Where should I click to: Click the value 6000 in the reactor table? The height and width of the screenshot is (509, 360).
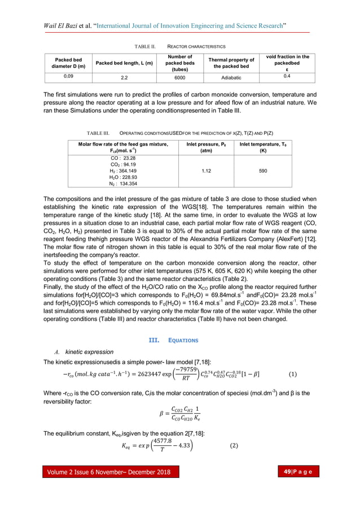[179, 78]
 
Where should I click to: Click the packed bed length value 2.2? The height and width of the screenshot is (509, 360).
[124, 78]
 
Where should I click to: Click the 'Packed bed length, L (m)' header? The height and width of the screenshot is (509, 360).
[124, 63]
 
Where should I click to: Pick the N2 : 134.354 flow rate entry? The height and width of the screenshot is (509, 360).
[123, 183]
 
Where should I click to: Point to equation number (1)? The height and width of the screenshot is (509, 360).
[293, 374]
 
